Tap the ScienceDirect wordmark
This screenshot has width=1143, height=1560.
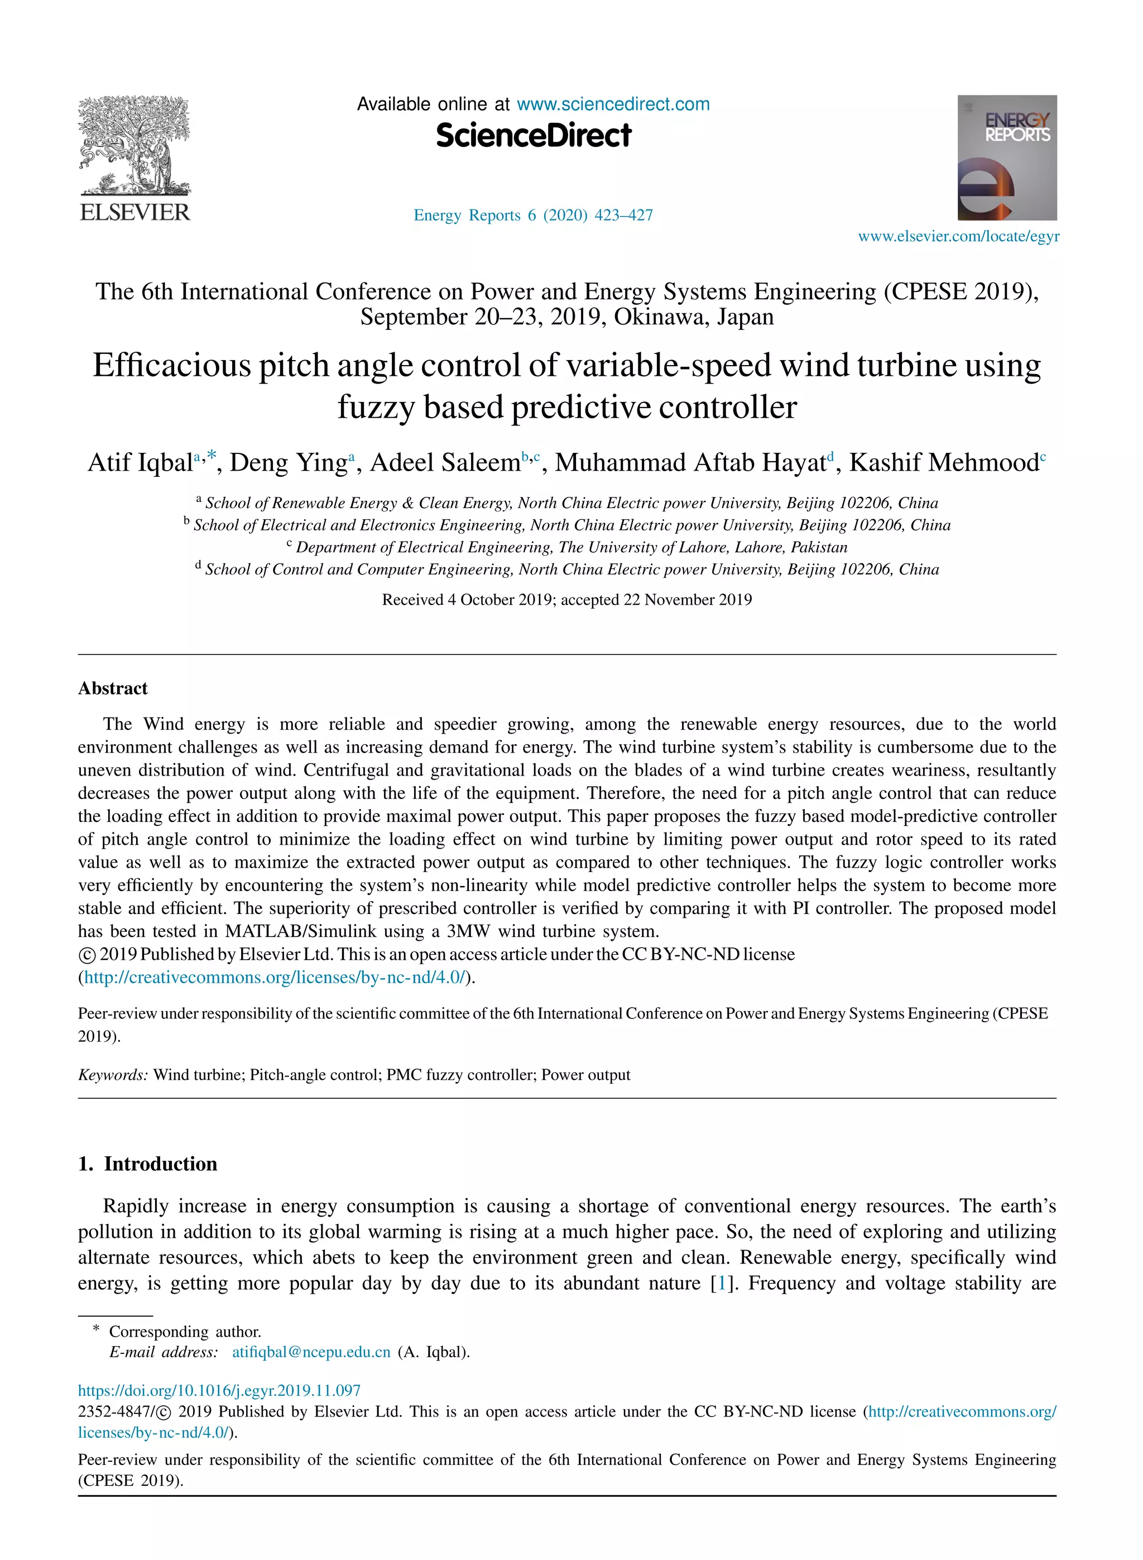coord(534,136)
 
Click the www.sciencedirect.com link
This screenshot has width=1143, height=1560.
coord(613,104)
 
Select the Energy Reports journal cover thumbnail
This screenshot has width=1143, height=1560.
coord(1007,158)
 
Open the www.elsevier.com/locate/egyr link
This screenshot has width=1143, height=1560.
coord(958,237)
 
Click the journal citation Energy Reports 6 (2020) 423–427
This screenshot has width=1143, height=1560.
coord(533,216)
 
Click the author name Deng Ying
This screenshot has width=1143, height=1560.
coord(288,462)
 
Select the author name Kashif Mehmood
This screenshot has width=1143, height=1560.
coord(944,462)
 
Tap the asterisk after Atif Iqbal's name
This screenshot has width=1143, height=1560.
coord(211,456)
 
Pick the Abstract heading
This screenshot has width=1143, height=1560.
coord(113,688)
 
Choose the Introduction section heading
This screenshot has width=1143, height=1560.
coord(161,1164)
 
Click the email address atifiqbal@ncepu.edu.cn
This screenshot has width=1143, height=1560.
coord(311,1352)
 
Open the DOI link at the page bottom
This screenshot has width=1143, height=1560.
coord(219,1390)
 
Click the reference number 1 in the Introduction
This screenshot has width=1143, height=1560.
coord(722,1283)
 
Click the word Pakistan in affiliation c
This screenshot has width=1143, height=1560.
coord(819,548)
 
